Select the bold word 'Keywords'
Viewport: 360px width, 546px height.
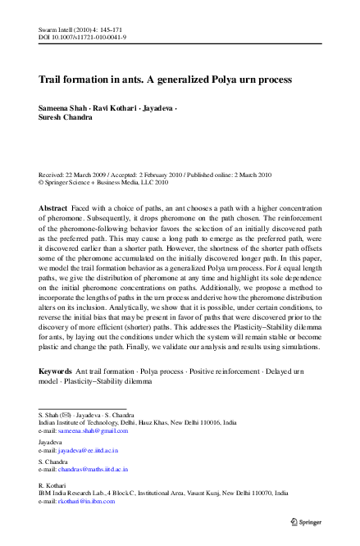[56, 371]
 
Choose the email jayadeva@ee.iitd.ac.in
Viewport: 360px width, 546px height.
[87, 450]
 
